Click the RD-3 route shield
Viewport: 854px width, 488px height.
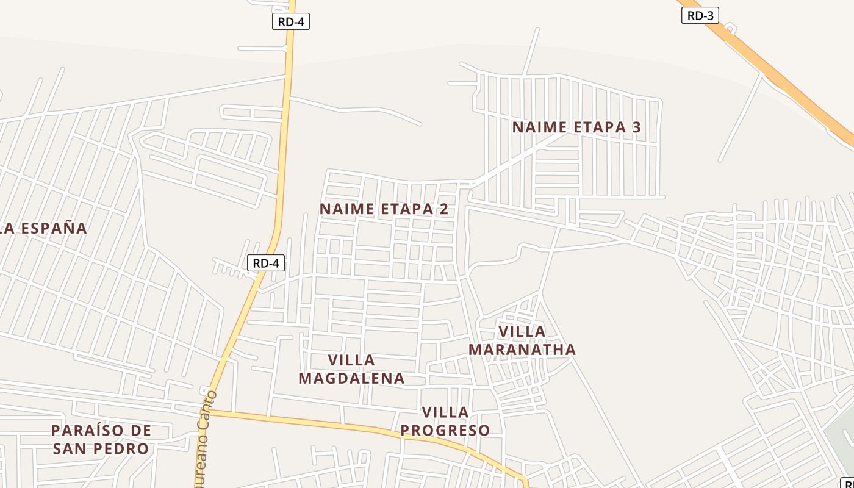tap(700, 16)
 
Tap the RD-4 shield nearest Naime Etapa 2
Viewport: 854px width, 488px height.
tap(266, 264)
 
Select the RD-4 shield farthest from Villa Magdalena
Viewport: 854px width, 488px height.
tap(290, 22)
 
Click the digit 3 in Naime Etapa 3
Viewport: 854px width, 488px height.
tap(637, 127)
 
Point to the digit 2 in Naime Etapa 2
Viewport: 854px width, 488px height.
tap(443, 209)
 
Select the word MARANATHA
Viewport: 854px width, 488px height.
tap(522, 350)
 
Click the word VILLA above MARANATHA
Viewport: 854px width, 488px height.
tap(522, 331)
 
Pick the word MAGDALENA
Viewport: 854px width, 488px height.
tap(351, 378)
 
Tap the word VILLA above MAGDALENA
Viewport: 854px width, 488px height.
tap(351, 361)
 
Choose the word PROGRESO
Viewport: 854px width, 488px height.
tap(445, 431)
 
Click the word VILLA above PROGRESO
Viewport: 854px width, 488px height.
tap(445, 412)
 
